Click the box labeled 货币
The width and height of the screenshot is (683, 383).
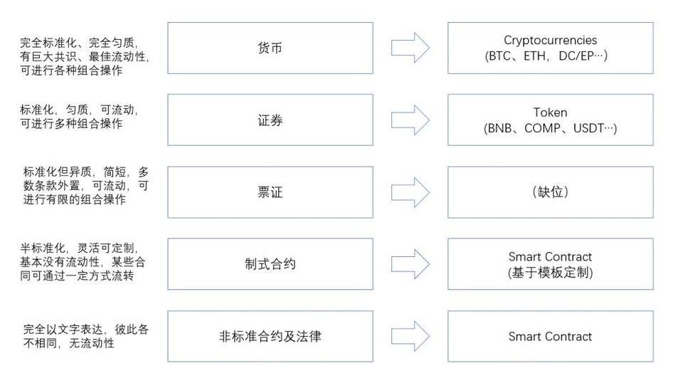pyautogui.click(x=270, y=48)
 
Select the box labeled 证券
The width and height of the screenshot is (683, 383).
pyautogui.click(x=270, y=120)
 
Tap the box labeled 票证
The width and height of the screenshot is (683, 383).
pyautogui.click(x=270, y=192)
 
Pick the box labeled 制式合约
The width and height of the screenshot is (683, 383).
pyautogui.click(x=270, y=264)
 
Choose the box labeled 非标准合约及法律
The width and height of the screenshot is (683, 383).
pyautogui.click(x=270, y=336)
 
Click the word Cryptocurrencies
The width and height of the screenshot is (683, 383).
pyautogui.click(x=550, y=41)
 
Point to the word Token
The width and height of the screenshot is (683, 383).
pyautogui.click(x=550, y=112)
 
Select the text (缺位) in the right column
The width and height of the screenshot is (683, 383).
pyautogui.click(x=550, y=192)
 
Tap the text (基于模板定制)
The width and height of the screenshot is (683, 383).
pyautogui.click(x=550, y=272)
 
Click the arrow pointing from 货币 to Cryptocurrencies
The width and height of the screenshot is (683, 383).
pyautogui.click(x=411, y=48)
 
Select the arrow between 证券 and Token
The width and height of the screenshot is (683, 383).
pyautogui.click(x=411, y=120)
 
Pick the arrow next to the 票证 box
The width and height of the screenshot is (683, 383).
pyautogui.click(x=411, y=192)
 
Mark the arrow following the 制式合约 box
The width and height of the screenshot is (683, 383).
pyautogui.click(x=411, y=264)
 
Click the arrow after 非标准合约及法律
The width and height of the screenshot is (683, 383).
pyautogui.click(x=411, y=336)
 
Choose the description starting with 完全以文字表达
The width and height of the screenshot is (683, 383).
pyautogui.click(x=85, y=336)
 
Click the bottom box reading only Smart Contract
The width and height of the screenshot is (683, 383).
pyautogui.click(x=550, y=336)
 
